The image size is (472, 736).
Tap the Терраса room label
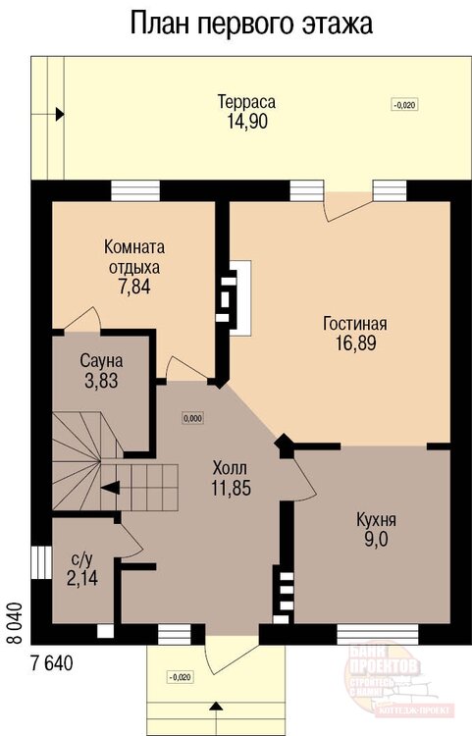(x=245, y=102)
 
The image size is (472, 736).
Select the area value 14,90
(x=245, y=122)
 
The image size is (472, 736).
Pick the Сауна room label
(x=101, y=362)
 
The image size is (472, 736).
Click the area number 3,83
(x=101, y=382)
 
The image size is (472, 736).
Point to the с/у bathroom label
(x=82, y=560)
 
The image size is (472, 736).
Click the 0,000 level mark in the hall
(x=192, y=418)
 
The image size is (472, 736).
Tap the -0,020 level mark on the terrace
(x=402, y=105)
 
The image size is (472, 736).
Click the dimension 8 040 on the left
(x=14, y=620)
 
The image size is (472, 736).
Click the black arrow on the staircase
(x=110, y=485)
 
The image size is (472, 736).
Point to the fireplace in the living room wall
(x=235, y=291)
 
